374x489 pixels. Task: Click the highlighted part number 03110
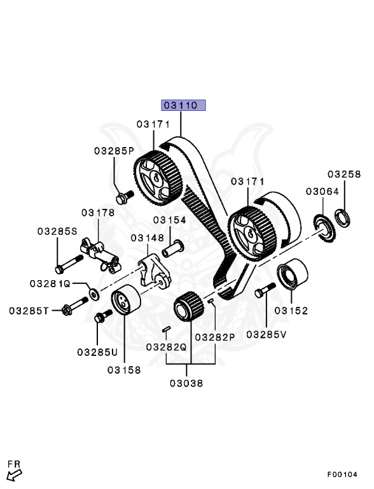point(183,105)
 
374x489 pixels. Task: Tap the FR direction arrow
point(13,472)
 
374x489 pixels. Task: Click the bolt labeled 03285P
point(125,194)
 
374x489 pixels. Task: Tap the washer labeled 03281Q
point(94,293)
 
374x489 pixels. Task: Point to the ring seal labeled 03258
point(343,217)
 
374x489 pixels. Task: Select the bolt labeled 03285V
point(263,292)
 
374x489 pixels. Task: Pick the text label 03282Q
point(166,347)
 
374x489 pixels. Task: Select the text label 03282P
point(215,337)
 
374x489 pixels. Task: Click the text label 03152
point(291,311)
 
